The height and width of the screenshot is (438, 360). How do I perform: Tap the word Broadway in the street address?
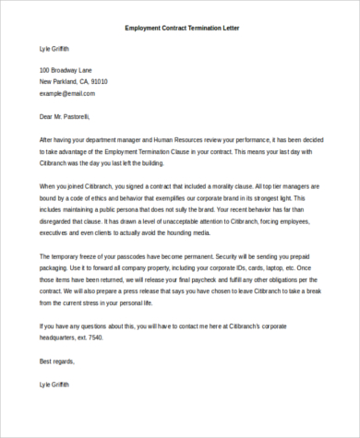tap(69, 70)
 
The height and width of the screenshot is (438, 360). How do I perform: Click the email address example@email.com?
tap(67, 94)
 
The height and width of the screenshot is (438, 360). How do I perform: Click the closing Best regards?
tap(56, 361)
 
